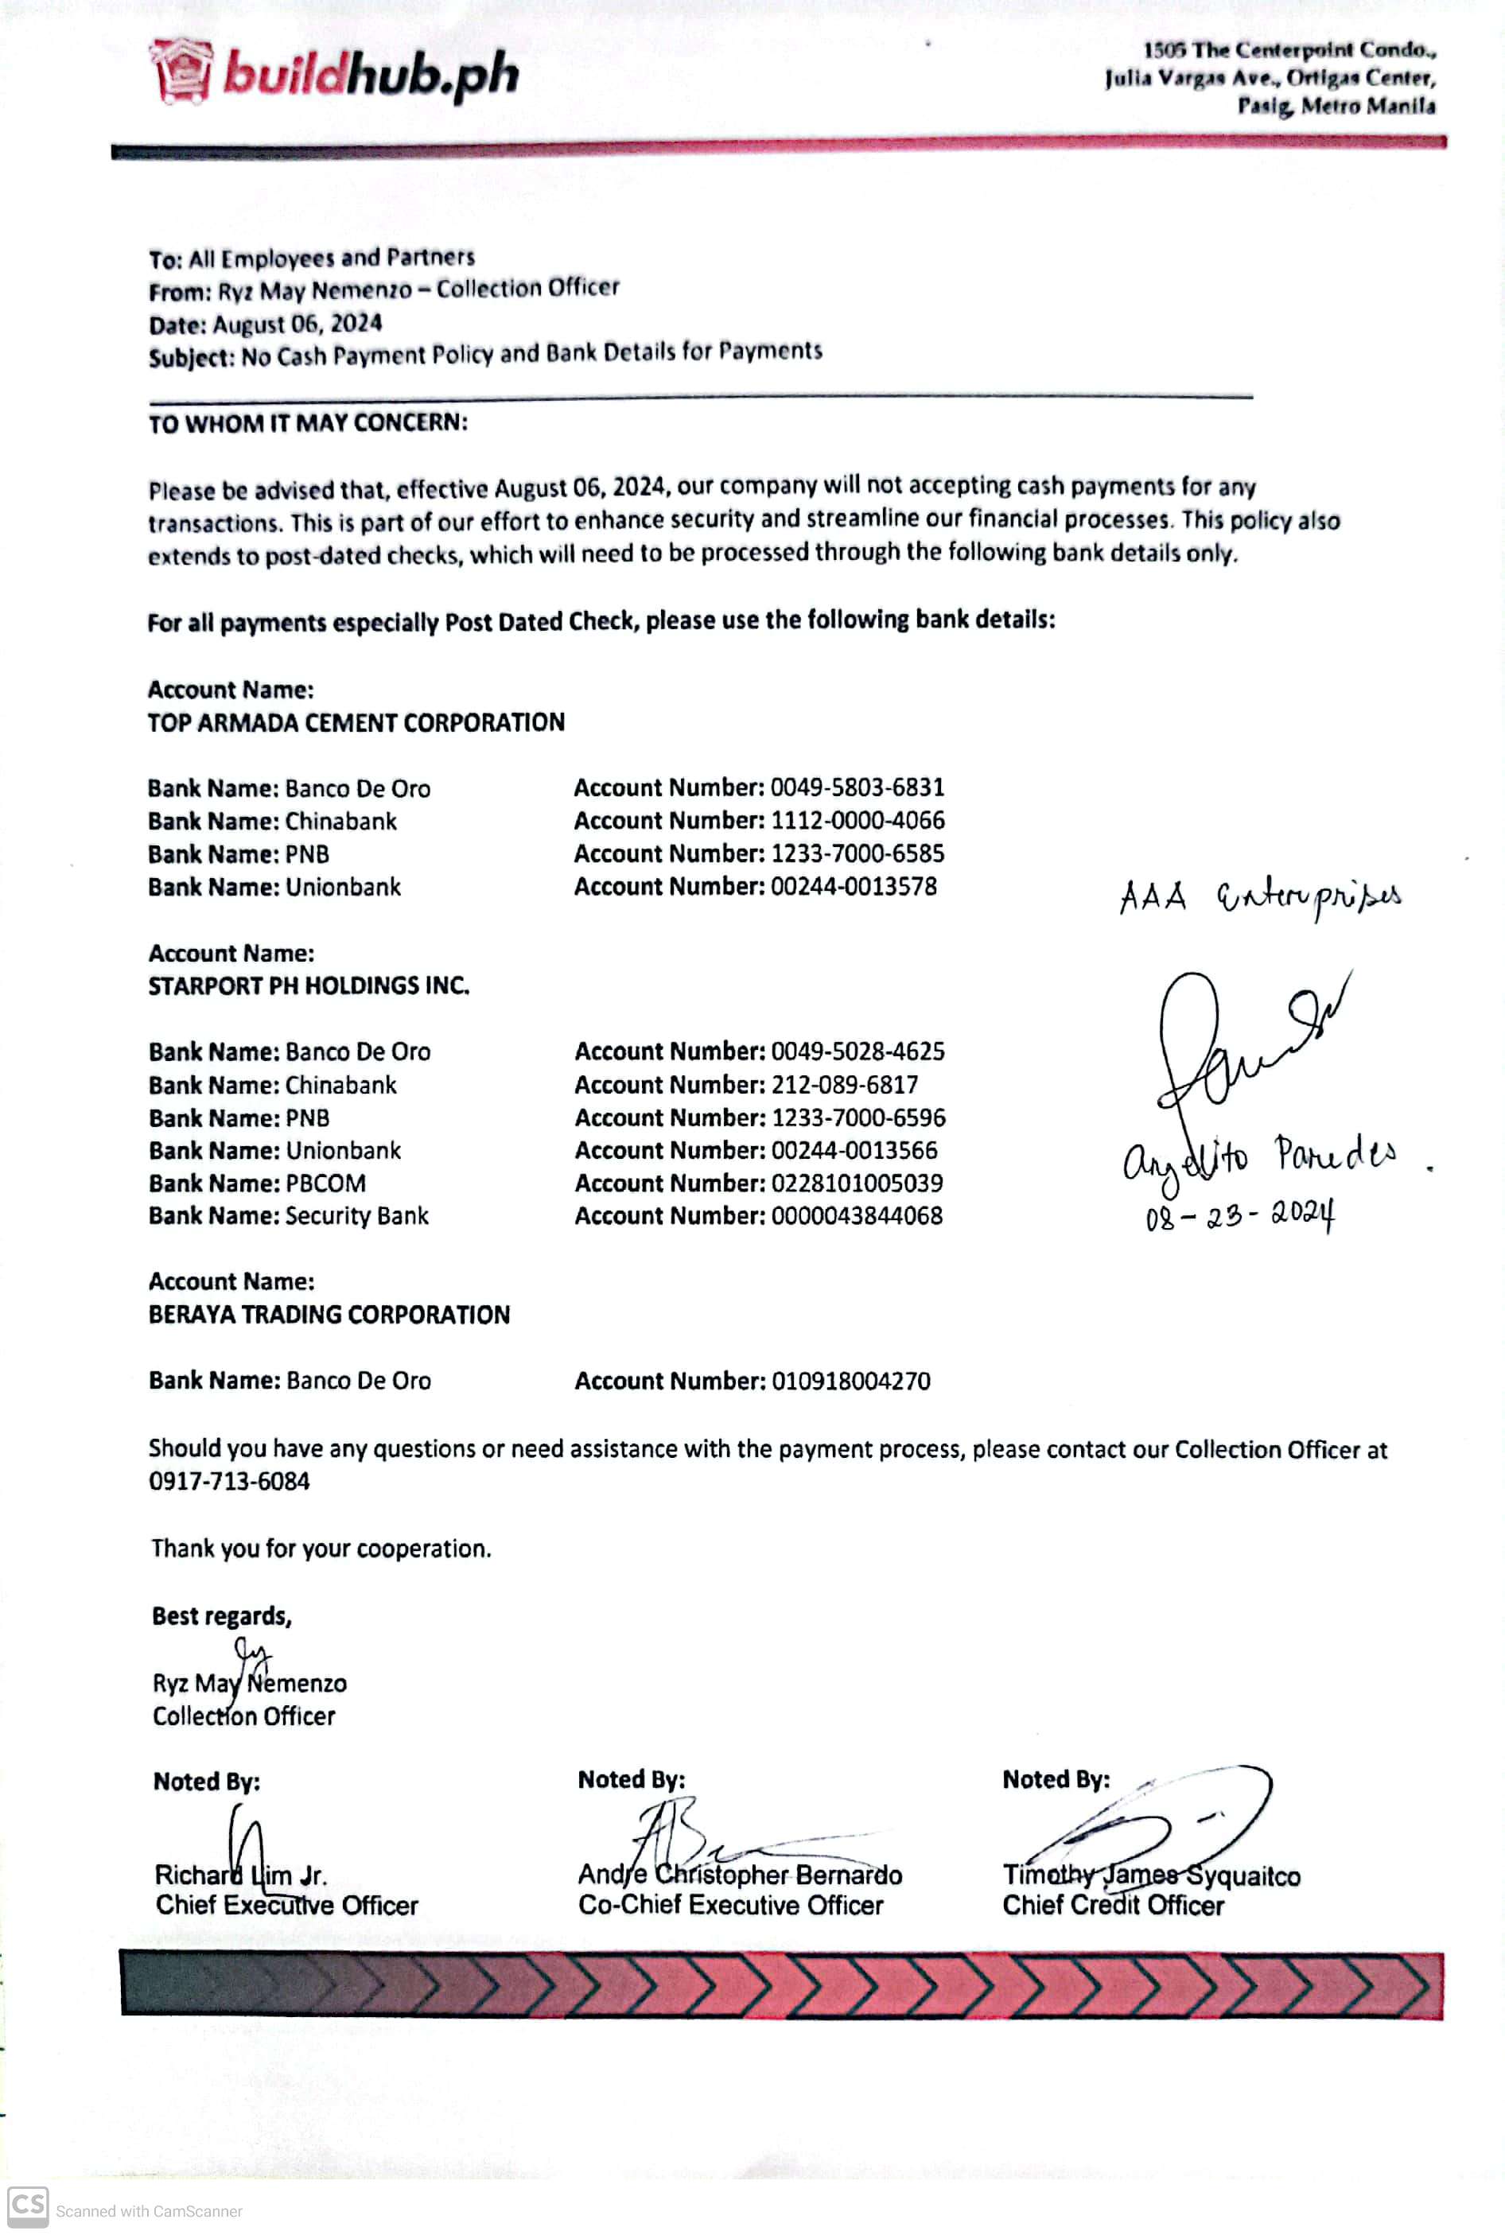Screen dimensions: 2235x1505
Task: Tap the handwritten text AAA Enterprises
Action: coord(1259,898)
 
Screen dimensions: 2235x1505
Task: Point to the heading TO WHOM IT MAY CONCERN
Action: coord(307,423)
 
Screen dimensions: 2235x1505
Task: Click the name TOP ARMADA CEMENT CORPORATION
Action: coord(356,723)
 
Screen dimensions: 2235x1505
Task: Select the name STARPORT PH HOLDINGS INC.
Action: coord(308,986)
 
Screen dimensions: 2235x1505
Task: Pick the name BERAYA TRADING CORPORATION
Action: coord(329,1315)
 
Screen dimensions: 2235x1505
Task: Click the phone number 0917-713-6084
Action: coord(229,1481)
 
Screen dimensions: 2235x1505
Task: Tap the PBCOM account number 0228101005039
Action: coord(856,1184)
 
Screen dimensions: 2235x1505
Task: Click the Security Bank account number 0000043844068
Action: coord(856,1216)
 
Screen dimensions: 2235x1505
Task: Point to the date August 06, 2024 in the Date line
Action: coord(297,324)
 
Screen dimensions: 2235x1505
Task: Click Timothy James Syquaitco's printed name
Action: coord(1151,1875)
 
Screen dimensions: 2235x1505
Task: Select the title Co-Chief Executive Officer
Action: coord(730,1905)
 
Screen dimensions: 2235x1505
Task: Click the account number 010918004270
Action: coord(850,1381)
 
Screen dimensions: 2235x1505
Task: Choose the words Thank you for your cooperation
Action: coord(321,1549)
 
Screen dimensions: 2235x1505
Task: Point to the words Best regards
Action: coord(222,1616)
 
